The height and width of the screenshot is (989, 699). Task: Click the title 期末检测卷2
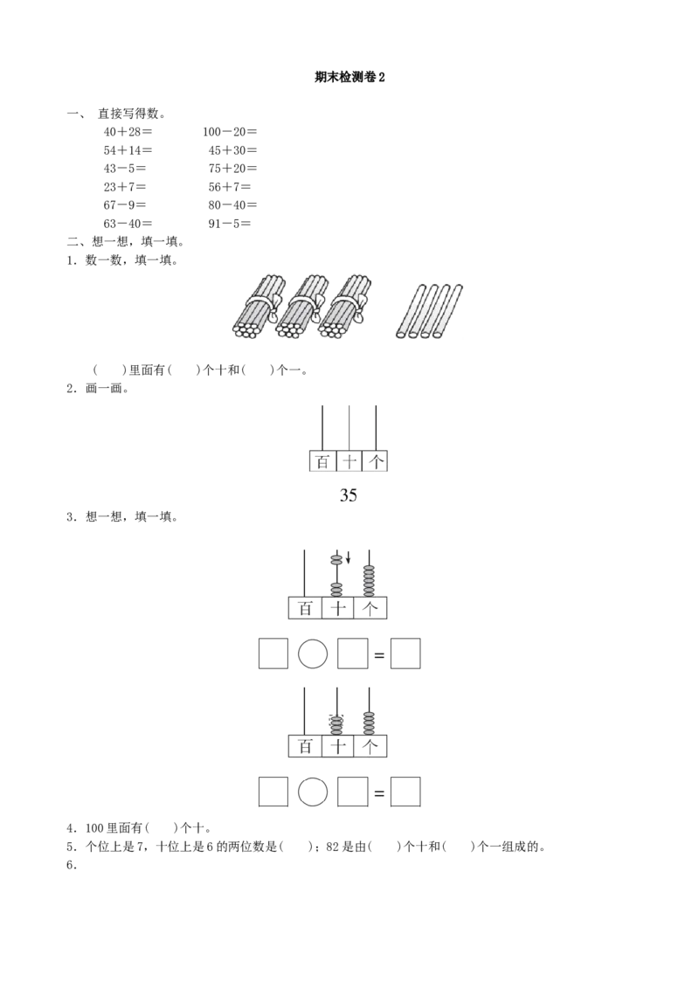point(349,78)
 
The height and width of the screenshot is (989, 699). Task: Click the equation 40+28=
point(128,132)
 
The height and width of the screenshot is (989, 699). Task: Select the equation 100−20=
point(230,132)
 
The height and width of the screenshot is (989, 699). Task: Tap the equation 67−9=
point(125,205)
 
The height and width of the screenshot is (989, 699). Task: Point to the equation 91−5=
point(230,224)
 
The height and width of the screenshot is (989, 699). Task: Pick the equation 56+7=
point(230,187)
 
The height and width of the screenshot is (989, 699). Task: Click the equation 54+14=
point(128,150)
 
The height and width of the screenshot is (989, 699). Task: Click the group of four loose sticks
point(430,311)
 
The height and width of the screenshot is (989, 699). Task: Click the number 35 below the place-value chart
point(349,495)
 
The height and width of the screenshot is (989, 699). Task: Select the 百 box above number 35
point(322,461)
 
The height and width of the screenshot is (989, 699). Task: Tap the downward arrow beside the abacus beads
point(348,557)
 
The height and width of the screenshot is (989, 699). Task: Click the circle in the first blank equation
point(313,654)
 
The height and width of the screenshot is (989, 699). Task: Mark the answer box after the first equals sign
point(405,654)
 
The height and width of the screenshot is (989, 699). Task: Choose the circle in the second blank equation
point(313,792)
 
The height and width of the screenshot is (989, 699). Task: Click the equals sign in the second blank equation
point(379,792)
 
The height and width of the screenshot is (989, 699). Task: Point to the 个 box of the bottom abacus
point(370,746)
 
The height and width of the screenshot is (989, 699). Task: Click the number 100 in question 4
point(94,828)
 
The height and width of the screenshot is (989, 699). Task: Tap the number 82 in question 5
point(333,847)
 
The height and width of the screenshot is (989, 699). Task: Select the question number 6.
point(72,865)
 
